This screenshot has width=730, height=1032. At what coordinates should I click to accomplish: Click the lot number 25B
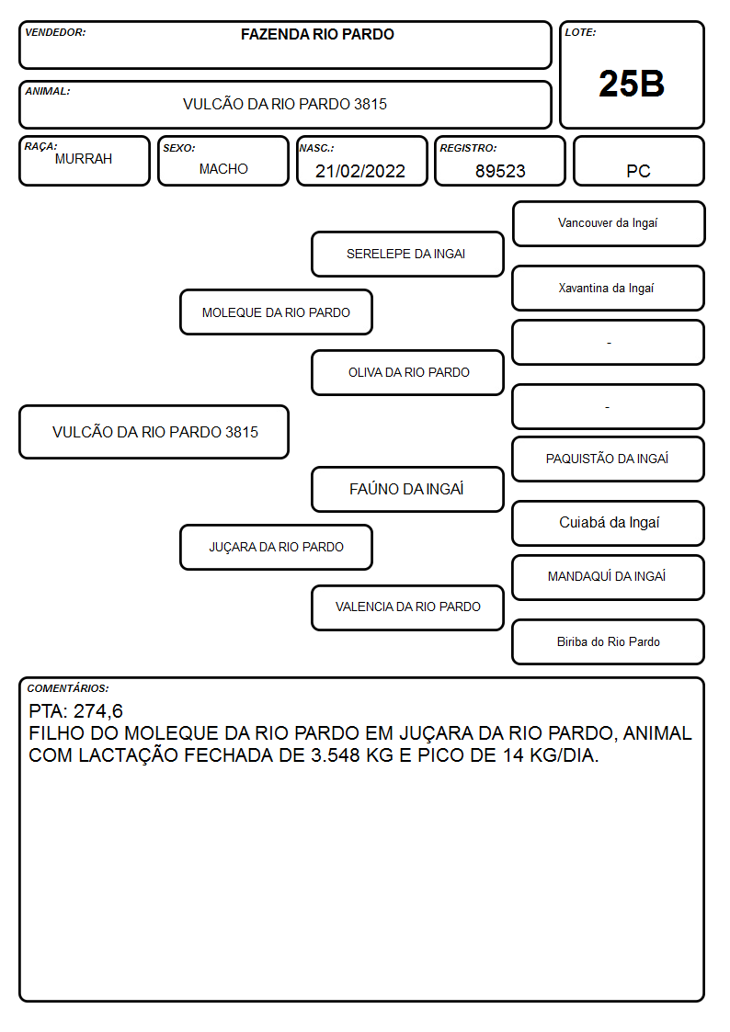coord(632,84)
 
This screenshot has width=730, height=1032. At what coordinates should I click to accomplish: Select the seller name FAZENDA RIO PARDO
coord(317,34)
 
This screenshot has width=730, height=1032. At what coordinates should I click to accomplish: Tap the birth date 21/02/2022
coord(360,171)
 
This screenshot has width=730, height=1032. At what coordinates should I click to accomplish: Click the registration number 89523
coord(500,171)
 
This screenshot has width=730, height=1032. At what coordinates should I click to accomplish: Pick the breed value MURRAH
coord(84,159)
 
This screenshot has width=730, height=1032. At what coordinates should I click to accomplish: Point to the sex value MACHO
coord(223,169)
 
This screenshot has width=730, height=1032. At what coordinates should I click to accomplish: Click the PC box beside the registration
coord(638,161)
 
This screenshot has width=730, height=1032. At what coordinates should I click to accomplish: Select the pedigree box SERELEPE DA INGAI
coord(407,254)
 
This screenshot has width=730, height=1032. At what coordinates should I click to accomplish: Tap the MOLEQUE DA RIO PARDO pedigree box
coord(276,312)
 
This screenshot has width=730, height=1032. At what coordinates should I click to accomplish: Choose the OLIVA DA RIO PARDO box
coord(407,372)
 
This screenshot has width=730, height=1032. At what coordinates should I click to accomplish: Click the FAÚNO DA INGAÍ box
coord(407,489)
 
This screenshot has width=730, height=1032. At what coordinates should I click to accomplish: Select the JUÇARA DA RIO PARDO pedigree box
coord(276,547)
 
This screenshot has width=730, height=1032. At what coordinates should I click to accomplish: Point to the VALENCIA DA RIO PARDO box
coord(407,607)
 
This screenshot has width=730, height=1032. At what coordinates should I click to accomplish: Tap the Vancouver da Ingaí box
coord(609,224)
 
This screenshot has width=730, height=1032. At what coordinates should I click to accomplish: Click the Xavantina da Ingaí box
coord(609,289)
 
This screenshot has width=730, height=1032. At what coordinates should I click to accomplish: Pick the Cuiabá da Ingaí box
coord(609,523)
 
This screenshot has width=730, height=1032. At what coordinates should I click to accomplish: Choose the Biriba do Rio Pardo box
coord(609,641)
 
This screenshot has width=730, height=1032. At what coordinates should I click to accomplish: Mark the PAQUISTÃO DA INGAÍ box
coord(609,459)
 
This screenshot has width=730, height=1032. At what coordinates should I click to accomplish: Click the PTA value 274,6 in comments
coord(98,711)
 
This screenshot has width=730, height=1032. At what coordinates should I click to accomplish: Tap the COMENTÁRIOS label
coord(68,688)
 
